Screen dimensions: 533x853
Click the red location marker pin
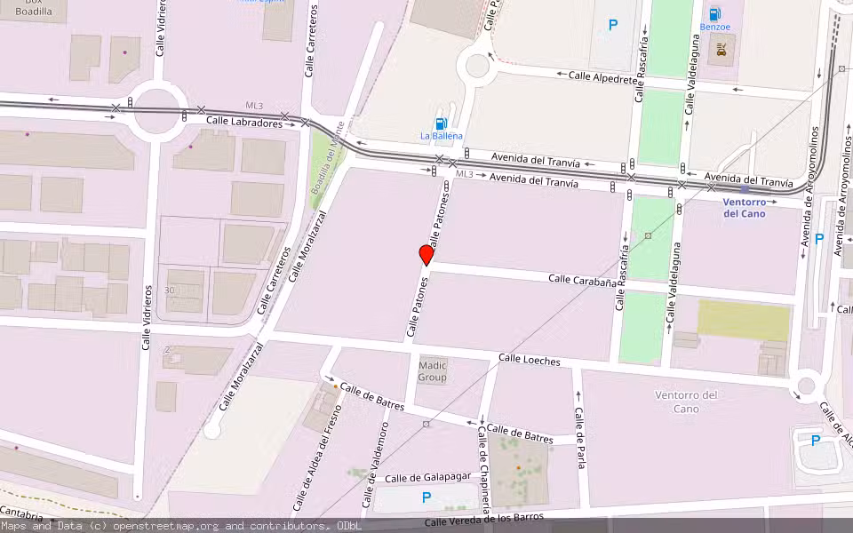[426, 255]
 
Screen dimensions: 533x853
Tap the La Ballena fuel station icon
[440, 123]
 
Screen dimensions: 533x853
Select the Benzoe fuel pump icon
[714, 13]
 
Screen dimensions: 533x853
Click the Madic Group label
[433, 371]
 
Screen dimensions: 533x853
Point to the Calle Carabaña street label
[582, 281]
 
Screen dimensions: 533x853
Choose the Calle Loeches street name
[530, 360]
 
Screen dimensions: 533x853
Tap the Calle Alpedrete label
[603, 77]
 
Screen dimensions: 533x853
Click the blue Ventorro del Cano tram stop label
[744, 207]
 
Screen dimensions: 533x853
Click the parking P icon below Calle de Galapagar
[426, 498]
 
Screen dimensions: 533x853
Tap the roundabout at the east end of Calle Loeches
[806, 386]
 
